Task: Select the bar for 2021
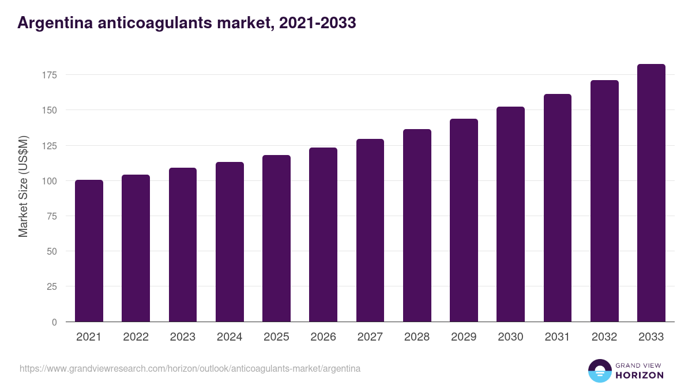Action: (89, 251)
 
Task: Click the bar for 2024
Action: (230, 242)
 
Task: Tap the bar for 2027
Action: (370, 231)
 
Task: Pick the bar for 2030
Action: (510, 214)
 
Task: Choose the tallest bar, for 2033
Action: (651, 193)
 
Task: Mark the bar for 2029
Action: (464, 220)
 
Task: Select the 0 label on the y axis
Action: (54, 322)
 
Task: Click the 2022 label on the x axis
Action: (136, 337)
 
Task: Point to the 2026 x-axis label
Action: (323, 337)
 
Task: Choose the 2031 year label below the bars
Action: (557, 337)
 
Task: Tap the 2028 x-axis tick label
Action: (417, 337)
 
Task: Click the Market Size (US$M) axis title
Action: (23, 186)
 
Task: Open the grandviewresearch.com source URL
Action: (190, 368)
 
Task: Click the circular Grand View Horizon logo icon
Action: (599, 371)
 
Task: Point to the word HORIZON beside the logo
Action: (640, 375)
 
